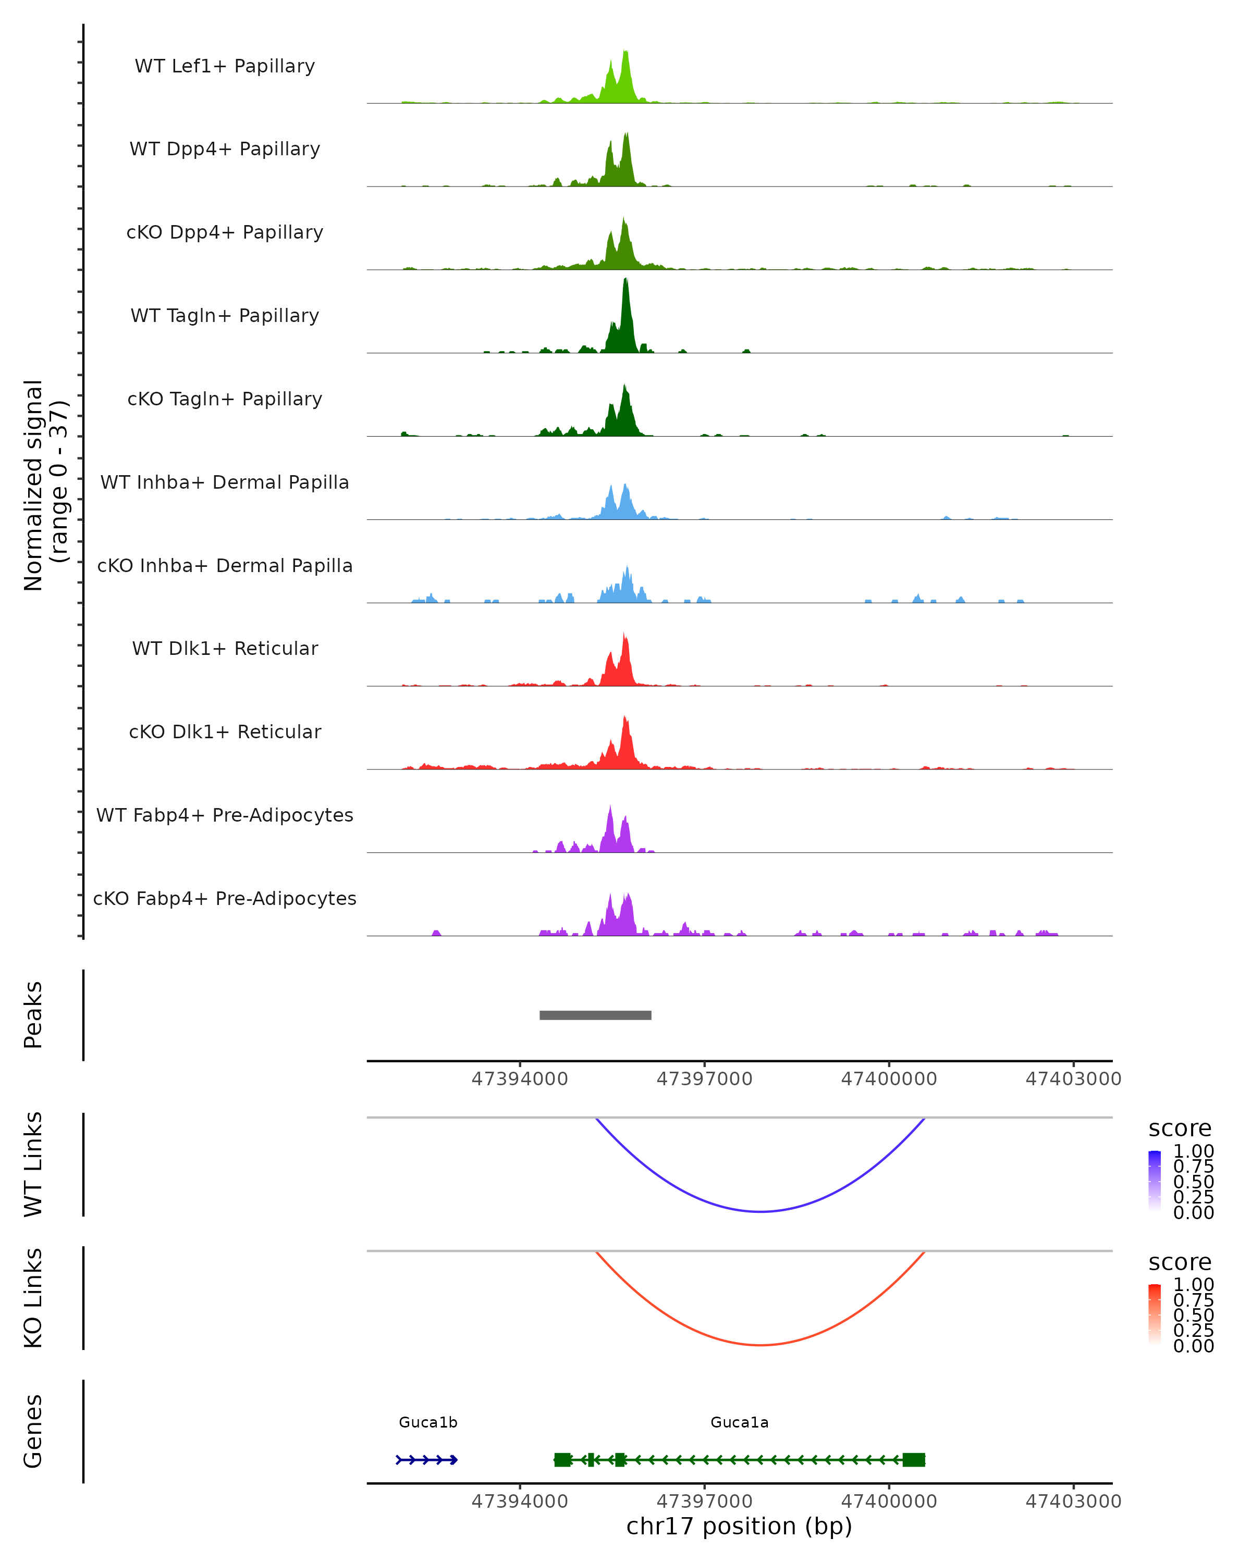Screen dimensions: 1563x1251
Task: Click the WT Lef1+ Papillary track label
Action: pos(225,66)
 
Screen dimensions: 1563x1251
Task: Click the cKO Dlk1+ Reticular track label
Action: pos(225,731)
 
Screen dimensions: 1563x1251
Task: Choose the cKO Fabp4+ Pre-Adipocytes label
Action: pos(225,898)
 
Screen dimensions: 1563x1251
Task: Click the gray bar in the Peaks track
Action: pos(595,1015)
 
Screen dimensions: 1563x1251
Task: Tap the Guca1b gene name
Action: pos(428,1422)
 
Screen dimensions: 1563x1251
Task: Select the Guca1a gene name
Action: pos(739,1422)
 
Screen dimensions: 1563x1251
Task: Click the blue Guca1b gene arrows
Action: pos(426,1459)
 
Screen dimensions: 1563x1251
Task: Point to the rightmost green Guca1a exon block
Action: pos(913,1459)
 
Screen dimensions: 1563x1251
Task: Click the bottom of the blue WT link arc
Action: pos(759,1211)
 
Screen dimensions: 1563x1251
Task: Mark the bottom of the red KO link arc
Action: pos(759,1345)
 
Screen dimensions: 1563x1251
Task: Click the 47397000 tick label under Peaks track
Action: pos(704,1079)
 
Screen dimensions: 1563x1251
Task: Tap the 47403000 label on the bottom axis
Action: pos(1073,1502)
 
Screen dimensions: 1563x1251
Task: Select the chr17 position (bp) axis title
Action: pos(739,1526)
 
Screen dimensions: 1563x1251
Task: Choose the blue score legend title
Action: pos(1179,1128)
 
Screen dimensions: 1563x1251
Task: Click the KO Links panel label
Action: pos(33,1298)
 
